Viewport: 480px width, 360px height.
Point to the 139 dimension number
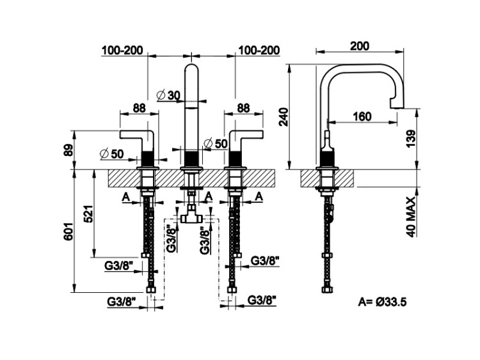[411, 137]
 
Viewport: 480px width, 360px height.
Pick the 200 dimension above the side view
[361, 46]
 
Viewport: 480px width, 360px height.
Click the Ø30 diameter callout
[168, 95]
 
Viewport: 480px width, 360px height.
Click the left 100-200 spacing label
[123, 51]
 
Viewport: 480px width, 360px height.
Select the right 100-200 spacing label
[259, 51]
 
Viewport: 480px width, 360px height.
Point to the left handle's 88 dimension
[139, 108]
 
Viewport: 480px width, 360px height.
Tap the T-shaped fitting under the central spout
[191, 217]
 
